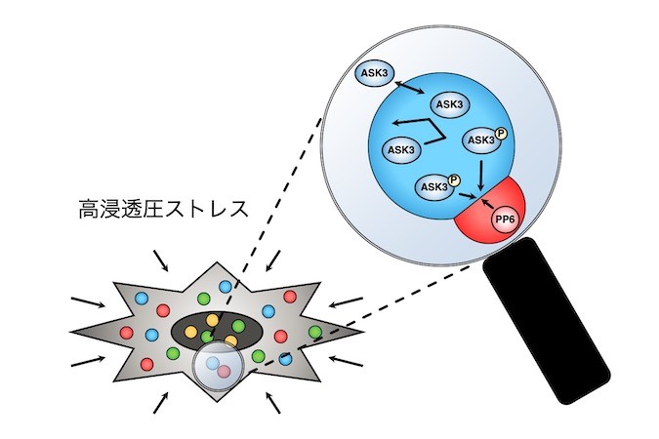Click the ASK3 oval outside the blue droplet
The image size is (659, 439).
click(x=375, y=72)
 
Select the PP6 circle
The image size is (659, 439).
click(x=505, y=220)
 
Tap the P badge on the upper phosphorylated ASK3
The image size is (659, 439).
click(x=501, y=134)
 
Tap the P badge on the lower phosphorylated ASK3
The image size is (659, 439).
click(x=454, y=180)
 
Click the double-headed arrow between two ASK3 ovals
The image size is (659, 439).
click(x=409, y=87)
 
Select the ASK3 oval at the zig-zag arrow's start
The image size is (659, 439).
click(x=401, y=149)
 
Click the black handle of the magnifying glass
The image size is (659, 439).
click(x=547, y=320)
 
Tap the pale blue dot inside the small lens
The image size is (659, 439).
click(x=213, y=362)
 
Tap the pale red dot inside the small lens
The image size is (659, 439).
click(x=224, y=371)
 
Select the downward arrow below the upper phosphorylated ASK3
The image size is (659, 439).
click(x=481, y=174)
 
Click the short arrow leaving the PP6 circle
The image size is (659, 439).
click(x=487, y=204)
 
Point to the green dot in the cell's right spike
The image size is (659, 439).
click(x=315, y=332)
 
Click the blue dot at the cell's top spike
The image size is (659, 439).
click(x=226, y=287)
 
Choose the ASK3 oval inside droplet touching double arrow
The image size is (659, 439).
click(x=449, y=103)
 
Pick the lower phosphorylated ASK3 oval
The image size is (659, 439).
click(x=434, y=187)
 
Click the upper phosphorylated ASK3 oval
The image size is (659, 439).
click(x=481, y=140)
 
